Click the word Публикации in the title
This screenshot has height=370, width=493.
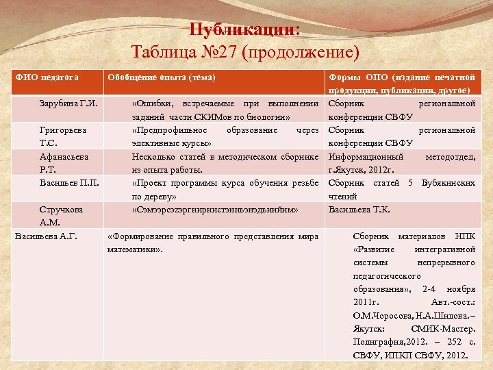tap(243, 29)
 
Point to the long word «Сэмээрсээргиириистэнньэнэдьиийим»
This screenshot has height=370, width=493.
tap(214, 209)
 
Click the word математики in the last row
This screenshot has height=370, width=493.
tap(133, 249)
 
